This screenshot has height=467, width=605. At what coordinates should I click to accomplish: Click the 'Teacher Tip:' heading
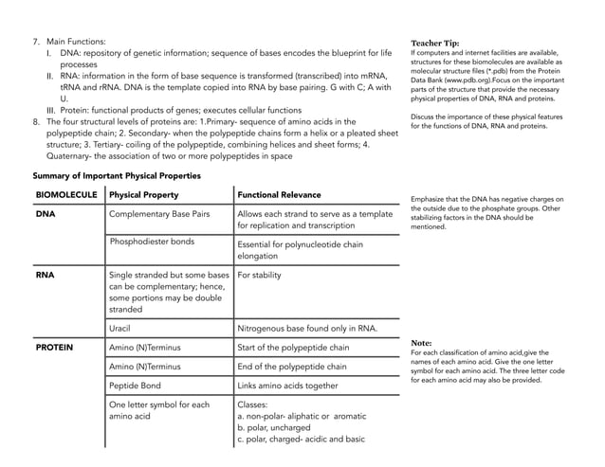(435, 44)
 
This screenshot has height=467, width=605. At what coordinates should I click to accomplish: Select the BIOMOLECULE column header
(66, 195)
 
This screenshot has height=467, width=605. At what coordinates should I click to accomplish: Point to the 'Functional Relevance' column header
(279, 195)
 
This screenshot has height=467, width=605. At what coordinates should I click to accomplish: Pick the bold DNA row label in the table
(45, 215)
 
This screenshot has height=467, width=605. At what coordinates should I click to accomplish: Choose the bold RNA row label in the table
(45, 276)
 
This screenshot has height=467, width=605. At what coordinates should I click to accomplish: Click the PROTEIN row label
(54, 348)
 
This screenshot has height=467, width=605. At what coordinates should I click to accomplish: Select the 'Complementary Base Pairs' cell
(164, 215)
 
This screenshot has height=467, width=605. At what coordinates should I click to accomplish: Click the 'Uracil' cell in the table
(121, 329)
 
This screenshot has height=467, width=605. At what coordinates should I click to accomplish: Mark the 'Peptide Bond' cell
(136, 386)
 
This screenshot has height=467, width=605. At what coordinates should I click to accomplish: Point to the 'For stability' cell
(259, 276)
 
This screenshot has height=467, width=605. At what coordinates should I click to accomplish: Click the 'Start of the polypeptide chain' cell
(293, 348)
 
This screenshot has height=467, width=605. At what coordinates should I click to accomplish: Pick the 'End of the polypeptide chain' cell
(292, 367)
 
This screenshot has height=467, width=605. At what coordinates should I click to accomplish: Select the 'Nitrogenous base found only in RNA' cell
(307, 329)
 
